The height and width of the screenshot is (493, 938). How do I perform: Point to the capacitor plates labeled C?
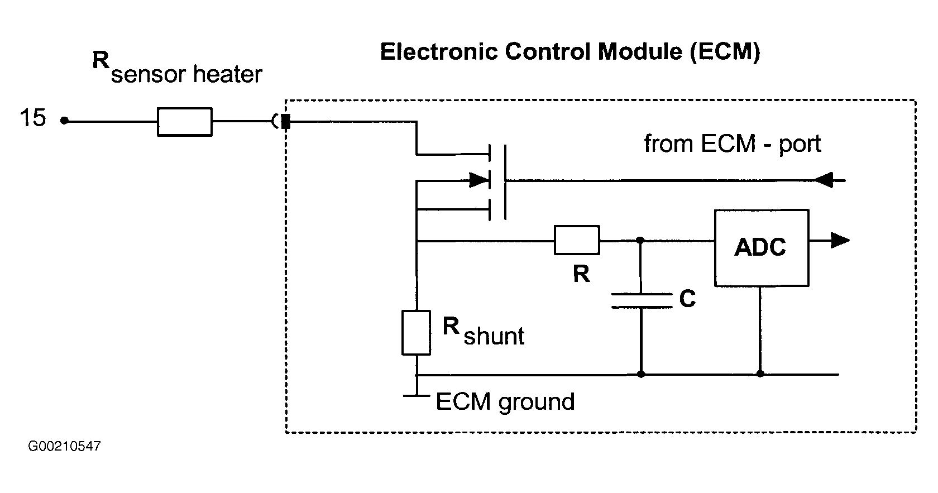tap(642, 301)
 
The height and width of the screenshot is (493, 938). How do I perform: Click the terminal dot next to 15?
tap(64, 121)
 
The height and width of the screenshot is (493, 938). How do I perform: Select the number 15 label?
tap(32, 118)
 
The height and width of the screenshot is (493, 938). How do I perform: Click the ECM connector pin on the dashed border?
tap(286, 122)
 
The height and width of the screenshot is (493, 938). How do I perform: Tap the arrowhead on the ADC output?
tap(840, 241)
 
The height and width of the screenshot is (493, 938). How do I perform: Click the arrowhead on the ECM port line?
tap(823, 180)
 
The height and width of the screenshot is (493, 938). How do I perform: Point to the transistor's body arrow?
tap(480, 180)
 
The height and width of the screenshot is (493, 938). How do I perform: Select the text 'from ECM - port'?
tap(733, 144)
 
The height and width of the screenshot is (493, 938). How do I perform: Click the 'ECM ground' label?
tap(505, 402)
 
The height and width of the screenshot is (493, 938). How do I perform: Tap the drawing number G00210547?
tap(65, 446)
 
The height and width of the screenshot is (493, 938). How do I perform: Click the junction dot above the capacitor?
tap(640, 241)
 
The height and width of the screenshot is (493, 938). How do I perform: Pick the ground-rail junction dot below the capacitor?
tap(641, 374)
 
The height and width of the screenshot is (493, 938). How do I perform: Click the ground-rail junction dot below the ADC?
tap(760, 374)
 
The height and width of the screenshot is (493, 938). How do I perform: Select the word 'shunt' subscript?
tap(494, 336)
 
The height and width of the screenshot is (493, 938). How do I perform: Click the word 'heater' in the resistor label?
tap(228, 75)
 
